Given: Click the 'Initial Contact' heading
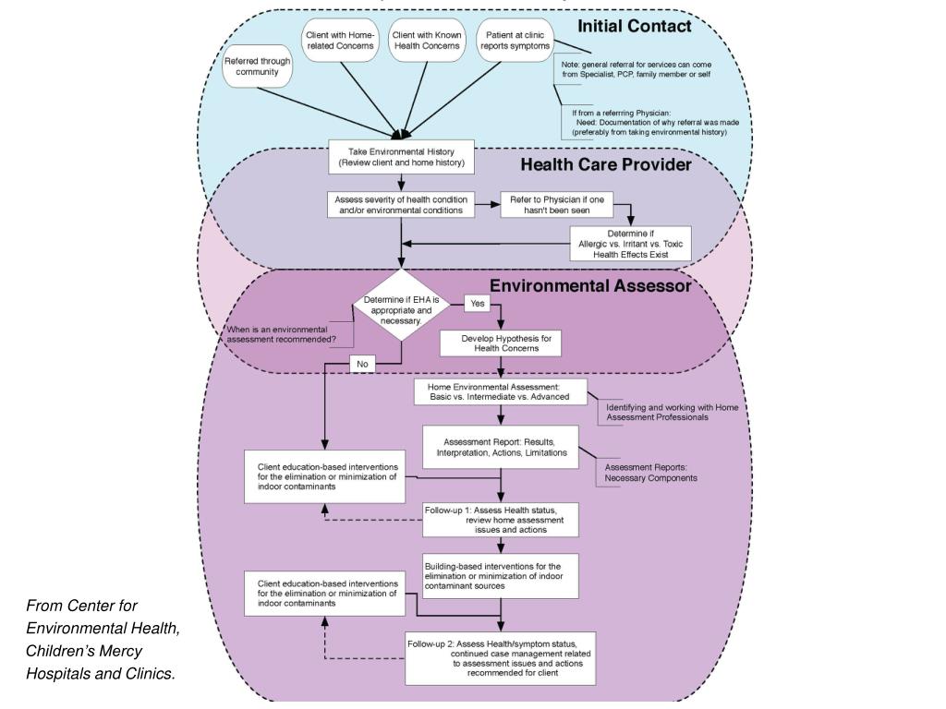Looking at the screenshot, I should tap(634, 26).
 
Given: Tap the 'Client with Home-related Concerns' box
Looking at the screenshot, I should tap(340, 41).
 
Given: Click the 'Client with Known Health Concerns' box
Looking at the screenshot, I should tap(427, 41).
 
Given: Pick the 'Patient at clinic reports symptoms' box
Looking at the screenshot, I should tap(513, 41).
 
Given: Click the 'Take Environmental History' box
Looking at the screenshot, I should tap(401, 157).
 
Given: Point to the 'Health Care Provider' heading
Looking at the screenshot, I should tap(605, 165).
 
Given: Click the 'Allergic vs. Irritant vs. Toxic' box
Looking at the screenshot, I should tap(629, 242).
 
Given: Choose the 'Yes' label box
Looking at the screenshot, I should tap(478, 303).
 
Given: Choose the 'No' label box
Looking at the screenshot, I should tap(362, 364).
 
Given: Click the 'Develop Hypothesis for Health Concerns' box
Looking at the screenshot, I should tap(500, 343).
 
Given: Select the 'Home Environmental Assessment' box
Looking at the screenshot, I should tap(500, 391).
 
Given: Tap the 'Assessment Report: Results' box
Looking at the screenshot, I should tap(500, 446).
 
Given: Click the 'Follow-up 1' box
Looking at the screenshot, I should tap(500, 519).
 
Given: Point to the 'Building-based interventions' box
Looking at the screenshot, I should tap(500, 576).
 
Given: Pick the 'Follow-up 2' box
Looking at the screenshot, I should tap(500, 658).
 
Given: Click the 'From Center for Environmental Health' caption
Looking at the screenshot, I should tap(103, 640).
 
